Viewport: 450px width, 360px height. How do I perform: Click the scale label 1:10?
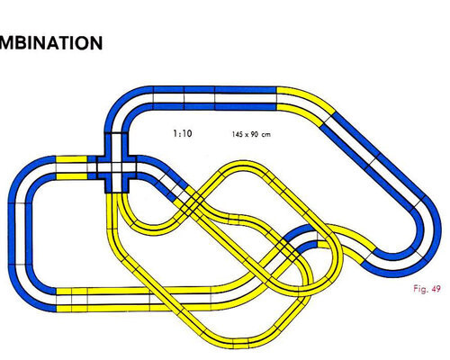tap(183, 133)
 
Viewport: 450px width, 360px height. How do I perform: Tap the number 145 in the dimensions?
tap(238, 134)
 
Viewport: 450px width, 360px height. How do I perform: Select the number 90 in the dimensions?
tap(254, 134)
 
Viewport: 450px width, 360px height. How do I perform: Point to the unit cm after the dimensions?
tap(265, 135)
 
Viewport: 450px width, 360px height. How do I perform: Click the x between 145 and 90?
tap(247, 135)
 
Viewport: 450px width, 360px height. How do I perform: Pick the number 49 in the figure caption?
tap(436, 289)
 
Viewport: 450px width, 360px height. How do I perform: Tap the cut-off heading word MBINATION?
tap(51, 43)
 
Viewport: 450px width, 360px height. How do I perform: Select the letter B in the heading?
tap(20, 43)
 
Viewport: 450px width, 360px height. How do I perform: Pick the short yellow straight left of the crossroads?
tap(71, 167)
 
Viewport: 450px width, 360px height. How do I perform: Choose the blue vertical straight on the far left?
tap(20, 234)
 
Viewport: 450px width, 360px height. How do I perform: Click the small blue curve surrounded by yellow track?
tap(300, 237)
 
